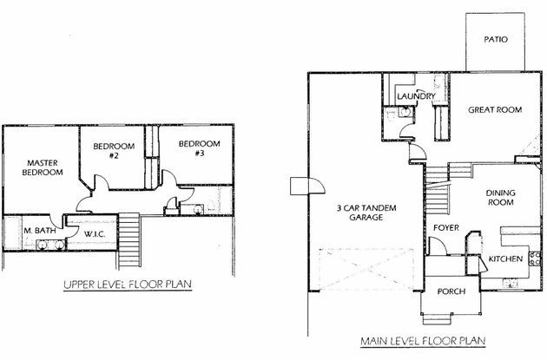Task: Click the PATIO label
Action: tap(496, 39)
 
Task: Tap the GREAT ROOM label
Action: tap(495, 110)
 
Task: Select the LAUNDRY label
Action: tap(416, 95)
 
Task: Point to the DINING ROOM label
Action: tap(501, 198)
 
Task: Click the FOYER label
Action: tap(446, 228)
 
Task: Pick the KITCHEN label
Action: tap(505, 259)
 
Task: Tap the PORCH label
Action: tap(451, 291)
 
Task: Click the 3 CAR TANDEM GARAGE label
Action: tap(366, 213)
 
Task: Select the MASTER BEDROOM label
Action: tap(43, 167)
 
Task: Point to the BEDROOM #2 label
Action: tap(114, 151)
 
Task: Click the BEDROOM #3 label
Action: tap(199, 148)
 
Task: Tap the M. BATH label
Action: tap(40, 231)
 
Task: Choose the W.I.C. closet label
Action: tap(95, 234)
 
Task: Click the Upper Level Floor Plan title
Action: tap(128, 285)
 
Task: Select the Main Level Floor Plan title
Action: tap(423, 341)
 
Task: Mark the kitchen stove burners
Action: tap(535, 259)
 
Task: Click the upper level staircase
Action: tap(129, 241)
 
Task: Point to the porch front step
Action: tap(438, 319)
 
